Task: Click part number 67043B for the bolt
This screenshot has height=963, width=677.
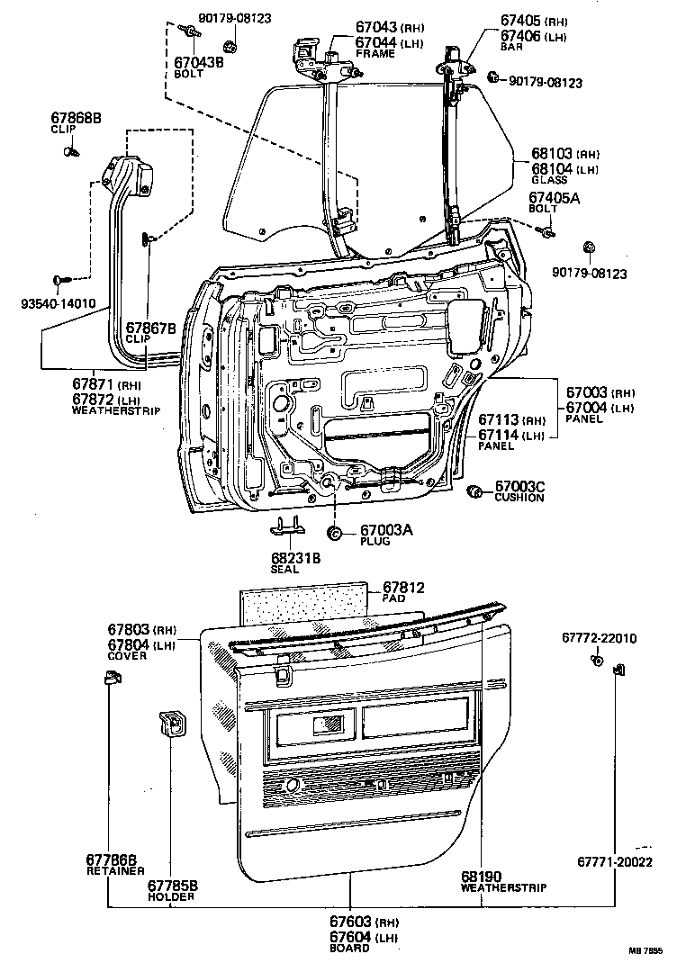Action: [x=198, y=63]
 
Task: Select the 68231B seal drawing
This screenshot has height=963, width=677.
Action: [x=288, y=528]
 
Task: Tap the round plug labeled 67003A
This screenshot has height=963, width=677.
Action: [x=335, y=533]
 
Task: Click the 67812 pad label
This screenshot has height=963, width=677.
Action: [x=403, y=588]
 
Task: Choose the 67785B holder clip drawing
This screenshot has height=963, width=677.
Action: [x=173, y=723]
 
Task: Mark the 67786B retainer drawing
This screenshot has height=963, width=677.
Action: [x=111, y=678]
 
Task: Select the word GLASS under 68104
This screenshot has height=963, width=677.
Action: [x=549, y=179]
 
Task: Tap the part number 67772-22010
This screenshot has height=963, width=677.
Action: [x=599, y=638]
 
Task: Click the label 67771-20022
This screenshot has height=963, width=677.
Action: [x=614, y=862]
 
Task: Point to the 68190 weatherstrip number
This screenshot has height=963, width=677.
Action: [x=481, y=877]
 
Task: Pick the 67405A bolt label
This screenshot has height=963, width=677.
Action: [x=555, y=198]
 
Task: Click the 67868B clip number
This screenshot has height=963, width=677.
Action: [x=76, y=118]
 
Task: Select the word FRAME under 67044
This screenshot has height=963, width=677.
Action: [x=375, y=53]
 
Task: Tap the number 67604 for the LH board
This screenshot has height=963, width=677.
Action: [x=350, y=937]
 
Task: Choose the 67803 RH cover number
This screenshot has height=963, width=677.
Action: [x=129, y=629]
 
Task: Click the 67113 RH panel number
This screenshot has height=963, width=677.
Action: [x=500, y=420]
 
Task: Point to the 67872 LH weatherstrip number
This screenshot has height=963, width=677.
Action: [x=93, y=400]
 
